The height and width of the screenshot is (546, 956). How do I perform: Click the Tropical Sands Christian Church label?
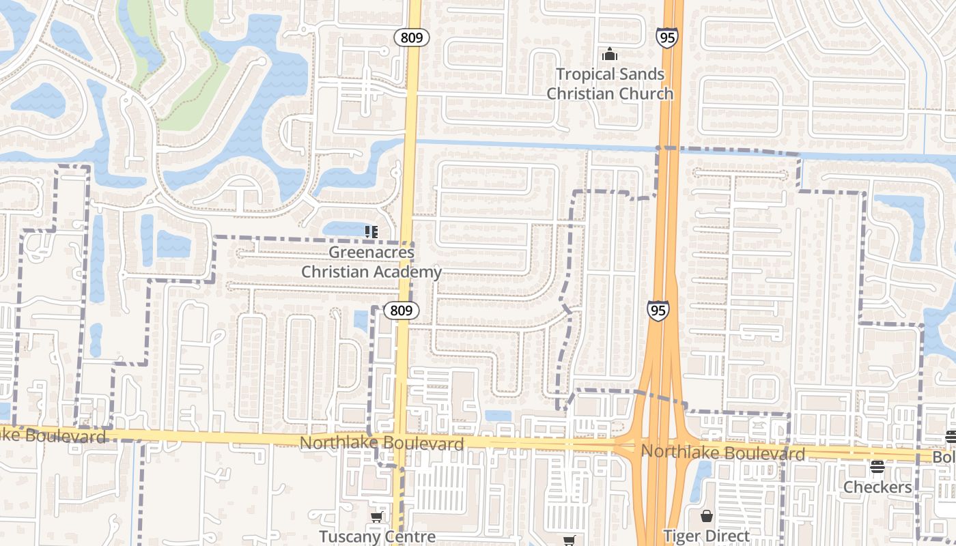[x=610, y=84]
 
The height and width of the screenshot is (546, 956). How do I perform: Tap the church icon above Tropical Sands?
[x=610, y=54]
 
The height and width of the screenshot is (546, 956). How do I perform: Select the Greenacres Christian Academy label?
[x=371, y=262]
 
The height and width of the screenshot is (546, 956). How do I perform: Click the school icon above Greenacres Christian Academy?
[x=371, y=232]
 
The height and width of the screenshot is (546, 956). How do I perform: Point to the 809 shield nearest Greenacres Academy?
[x=401, y=311]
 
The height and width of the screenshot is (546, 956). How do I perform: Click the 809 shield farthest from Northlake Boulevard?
[x=411, y=38]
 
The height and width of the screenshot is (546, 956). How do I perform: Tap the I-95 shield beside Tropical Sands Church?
[x=667, y=37]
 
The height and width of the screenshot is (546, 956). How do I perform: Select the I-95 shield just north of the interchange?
[x=658, y=311]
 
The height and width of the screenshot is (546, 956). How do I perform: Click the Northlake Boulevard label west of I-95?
[x=382, y=443]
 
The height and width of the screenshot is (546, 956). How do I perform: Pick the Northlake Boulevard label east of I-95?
[x=723, y=452]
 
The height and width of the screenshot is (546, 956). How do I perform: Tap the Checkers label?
[x=877, y=487]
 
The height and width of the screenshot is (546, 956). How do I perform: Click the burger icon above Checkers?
[x=877, y=468]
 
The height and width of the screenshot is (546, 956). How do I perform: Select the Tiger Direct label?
[x=707, y=536]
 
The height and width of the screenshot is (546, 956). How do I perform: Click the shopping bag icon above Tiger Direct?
[x=707, y=516]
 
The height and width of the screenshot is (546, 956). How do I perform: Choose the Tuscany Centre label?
[x=377, y=536]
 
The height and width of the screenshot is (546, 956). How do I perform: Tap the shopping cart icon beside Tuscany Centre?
[x=376, y=517]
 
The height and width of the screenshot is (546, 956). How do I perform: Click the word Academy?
[x=409, y=272]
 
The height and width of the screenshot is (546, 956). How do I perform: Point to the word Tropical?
[x=582, y=74]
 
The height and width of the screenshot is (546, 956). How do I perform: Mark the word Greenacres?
[x=371, y=253]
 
